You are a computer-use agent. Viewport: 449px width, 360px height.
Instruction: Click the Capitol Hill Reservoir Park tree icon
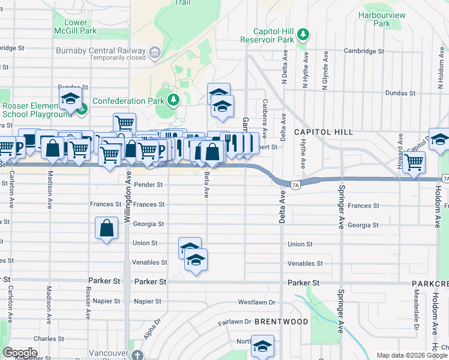pos(304,33)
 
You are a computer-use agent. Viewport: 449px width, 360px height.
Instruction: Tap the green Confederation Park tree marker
pos(173,100)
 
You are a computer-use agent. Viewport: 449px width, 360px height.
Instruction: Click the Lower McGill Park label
pos(80,26)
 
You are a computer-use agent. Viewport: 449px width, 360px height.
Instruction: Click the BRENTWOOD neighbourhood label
pos(281,322)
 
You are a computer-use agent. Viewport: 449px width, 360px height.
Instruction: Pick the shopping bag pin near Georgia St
pos(106,228)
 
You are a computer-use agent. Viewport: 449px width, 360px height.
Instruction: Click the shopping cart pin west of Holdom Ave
pos(414,161)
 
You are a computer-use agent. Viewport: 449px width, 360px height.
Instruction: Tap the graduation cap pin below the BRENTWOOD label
pos(262,346)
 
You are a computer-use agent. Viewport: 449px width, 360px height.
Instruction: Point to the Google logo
pos(20,352)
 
